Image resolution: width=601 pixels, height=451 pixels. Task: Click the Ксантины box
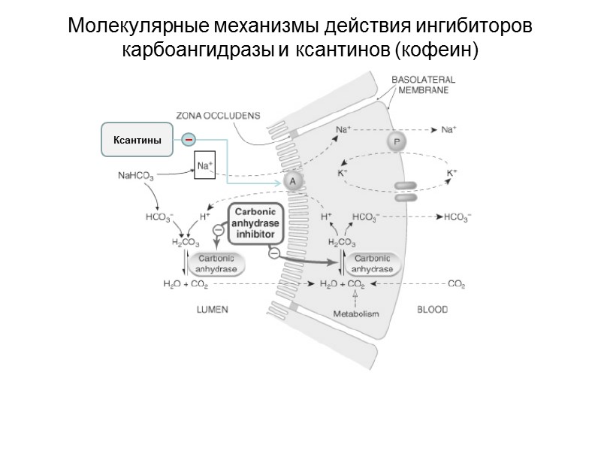coord(137,140)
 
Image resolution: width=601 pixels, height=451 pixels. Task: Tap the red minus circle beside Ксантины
coord(189,139)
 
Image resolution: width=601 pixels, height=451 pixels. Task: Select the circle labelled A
coord(293,181)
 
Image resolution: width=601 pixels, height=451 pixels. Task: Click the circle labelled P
coord(395,141)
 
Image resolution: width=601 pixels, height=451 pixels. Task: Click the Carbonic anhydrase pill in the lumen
coord(217,263)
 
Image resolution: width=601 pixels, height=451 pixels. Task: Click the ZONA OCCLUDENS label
coord(218,116)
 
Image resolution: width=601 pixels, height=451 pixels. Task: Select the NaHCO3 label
coord(137,177)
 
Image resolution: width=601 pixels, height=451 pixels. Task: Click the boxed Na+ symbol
coord(204,165)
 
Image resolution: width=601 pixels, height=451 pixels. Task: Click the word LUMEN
coord(212,309)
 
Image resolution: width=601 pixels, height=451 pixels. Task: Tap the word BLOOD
coord(432,309)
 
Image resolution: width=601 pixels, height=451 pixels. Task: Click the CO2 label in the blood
coord(457,285)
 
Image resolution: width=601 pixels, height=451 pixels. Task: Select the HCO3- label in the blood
coord(457,217)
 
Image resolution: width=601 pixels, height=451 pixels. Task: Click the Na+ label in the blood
coord(449,130)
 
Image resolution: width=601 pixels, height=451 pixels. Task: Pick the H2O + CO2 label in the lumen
coord(186,285)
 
